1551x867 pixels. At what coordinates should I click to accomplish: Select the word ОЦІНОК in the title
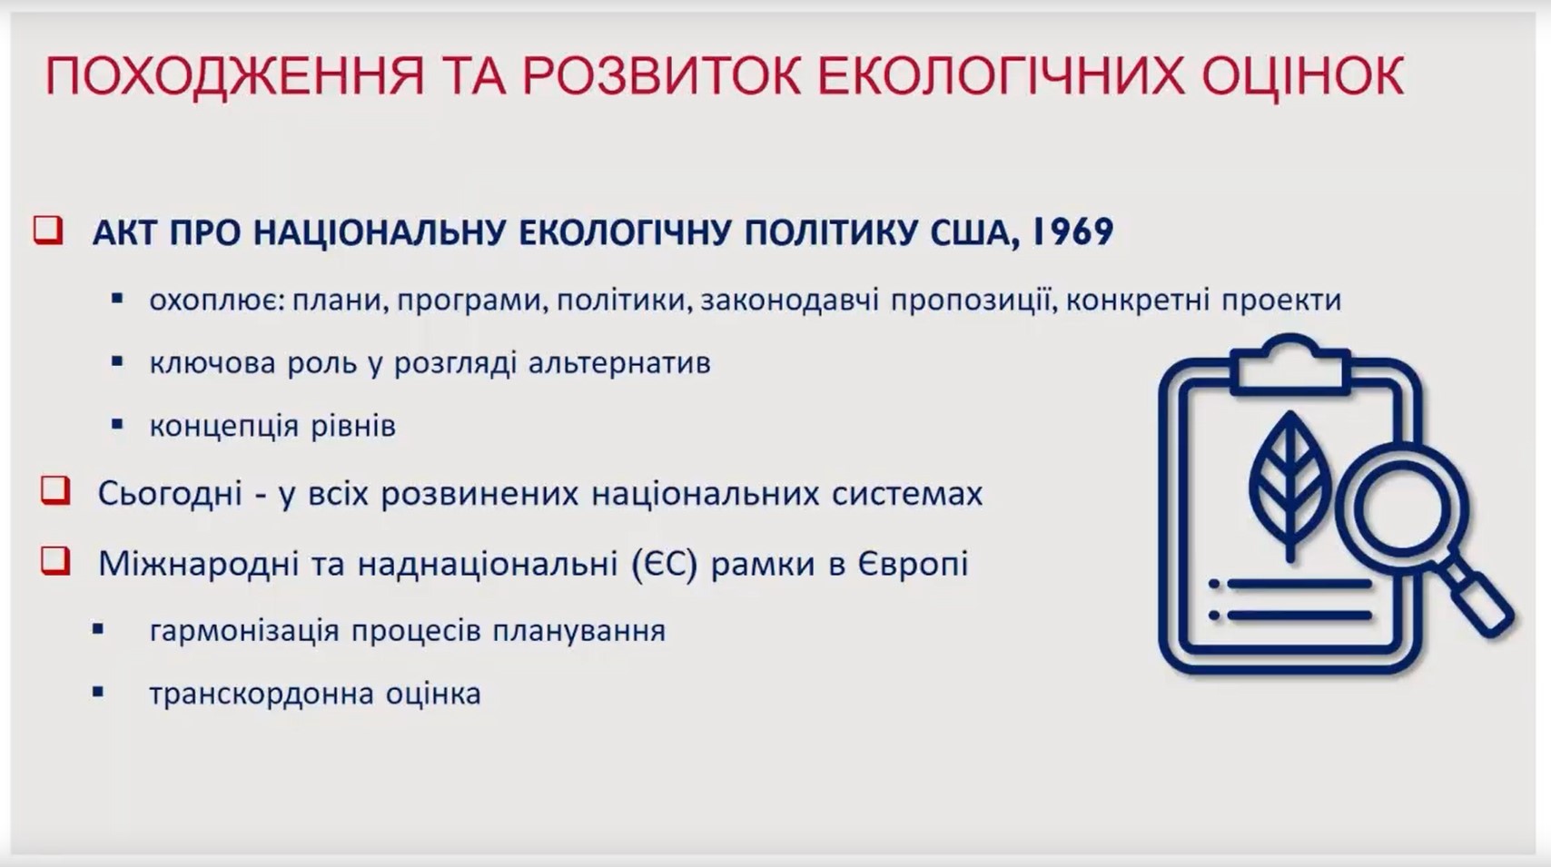pos(1302,75)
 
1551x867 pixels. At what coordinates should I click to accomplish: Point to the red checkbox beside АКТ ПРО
pos(49,230)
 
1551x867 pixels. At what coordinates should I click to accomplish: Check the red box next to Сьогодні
pos(55,490)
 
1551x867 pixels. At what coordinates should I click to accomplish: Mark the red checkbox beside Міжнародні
pos(55,560)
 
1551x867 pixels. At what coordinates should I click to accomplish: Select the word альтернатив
pos(619,363)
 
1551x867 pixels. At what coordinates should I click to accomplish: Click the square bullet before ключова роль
pos(117,361)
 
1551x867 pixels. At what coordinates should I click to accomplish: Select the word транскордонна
pos(261,694)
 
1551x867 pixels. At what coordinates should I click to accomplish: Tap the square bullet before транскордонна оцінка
pos(98,692)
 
